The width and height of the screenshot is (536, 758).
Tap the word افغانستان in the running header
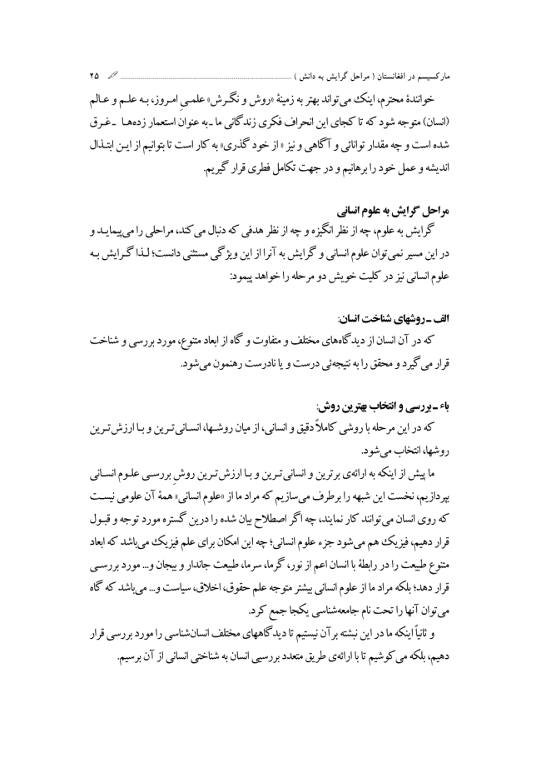click(x=396, y=65)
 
